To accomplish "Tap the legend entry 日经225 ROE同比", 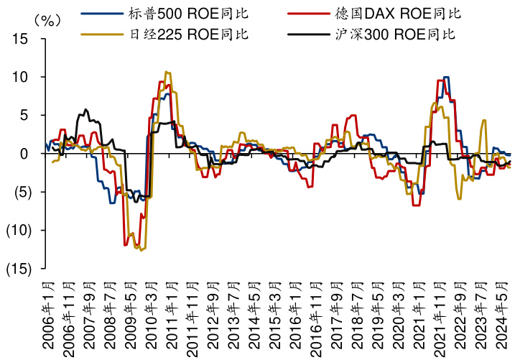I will click(x=163, y=33).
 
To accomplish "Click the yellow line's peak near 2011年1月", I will click(x=167, y=72).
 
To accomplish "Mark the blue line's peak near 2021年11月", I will click(x=447, y=77).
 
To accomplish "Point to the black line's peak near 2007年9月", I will click(x=86, y=110).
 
